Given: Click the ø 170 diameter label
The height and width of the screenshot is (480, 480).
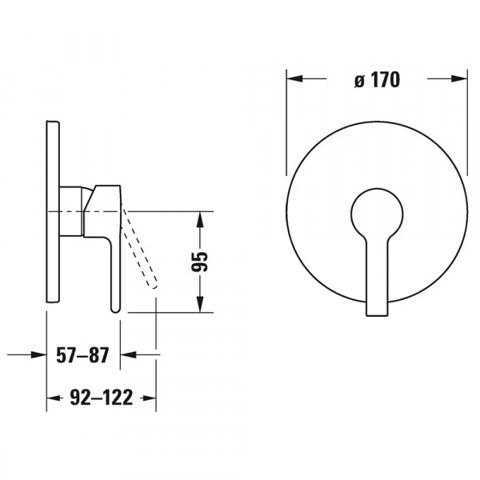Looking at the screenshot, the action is (377, 80).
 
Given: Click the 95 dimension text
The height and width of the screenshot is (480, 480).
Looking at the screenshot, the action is (199, 262).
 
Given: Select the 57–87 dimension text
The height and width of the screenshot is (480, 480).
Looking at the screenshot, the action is (82, 355).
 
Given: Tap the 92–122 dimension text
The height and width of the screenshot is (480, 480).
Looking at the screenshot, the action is (102, 398).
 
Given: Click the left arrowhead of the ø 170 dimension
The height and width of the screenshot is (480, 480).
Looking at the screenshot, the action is (294, 78).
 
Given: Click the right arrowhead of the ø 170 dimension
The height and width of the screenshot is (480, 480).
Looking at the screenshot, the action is (459, 78).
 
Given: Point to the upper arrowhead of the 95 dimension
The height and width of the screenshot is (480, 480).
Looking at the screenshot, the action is (199, 219).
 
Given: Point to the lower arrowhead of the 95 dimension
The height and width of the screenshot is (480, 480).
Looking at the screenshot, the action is (199, 305).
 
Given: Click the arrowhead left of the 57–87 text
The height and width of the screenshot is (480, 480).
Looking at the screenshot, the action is (38, 354).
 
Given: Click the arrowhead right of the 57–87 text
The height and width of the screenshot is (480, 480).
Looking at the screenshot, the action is (128, 354).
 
